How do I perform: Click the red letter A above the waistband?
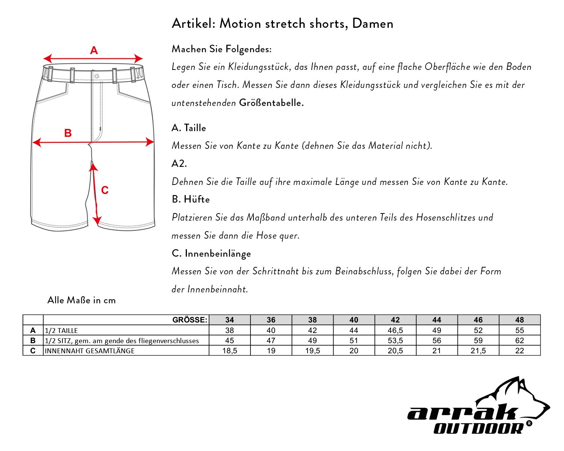[x=94, y=50]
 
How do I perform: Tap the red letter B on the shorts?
[x=68, y=133]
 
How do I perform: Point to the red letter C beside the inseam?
[x=105, y=190]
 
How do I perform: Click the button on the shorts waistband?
[x=97, y=76]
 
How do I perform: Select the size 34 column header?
[x=229, y=320]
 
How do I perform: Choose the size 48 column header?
[x=519, y=320]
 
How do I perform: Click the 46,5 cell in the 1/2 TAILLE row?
[x=395, y=330]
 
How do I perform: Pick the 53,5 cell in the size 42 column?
[x=395, y=341]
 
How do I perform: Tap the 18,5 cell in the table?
[x=229, y=351]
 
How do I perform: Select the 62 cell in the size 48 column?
[x=519, y=341]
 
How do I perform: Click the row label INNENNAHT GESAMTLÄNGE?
[x=89, y=351]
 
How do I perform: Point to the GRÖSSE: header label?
[x=190, y=320]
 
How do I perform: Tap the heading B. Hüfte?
[x=191, y=199]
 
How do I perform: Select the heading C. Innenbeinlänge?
[x=211, y=254]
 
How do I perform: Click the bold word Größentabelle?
[x=271, y=103]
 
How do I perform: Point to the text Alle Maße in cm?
[x=82, y=300]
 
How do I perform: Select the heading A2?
[x=179, y=163]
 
